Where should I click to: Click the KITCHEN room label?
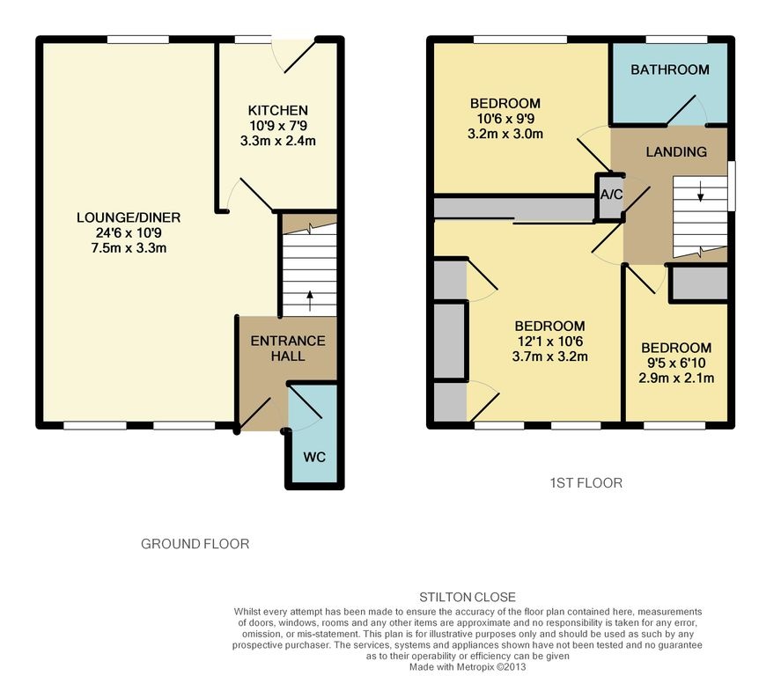[x=278, y=110]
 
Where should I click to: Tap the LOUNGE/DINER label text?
[x=129, y=217]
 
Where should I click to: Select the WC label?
[x=314, y=457]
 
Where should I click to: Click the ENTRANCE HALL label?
[x=288, y=349]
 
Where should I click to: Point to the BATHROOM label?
[x=670, y=70]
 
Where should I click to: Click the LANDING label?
[x=676, y=151]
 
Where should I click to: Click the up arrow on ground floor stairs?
[x=310, y=301]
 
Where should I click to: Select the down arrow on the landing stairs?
[x=700, y=191]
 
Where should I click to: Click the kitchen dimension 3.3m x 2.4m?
[x=278, y=141]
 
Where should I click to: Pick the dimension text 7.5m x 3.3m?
[x=129, y=248]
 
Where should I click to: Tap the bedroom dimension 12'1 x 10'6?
[x=550, y=342]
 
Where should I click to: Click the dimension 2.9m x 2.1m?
[x=676, y=378]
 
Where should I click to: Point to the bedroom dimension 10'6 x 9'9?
[x=505, y=119]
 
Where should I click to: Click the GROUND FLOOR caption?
[x=195, y=544]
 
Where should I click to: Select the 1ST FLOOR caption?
[x=586, y=483]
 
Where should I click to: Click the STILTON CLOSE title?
[x=468, y=597]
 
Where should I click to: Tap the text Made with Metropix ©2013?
[x=468, y=667]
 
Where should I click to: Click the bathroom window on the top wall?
[x=676, y=40]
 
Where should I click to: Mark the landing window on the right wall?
[x=731, y=185]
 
